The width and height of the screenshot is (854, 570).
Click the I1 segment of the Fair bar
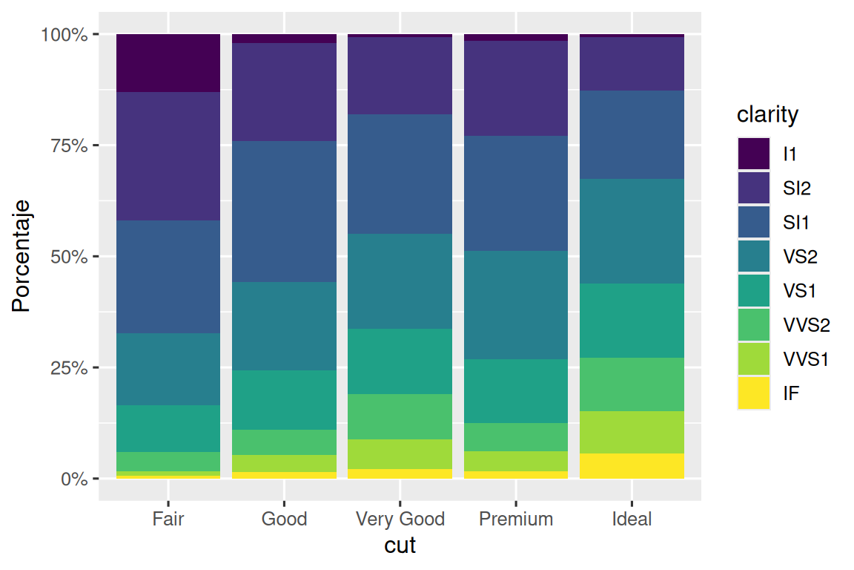coord(168,63)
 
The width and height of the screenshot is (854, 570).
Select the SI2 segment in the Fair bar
coord(168,156)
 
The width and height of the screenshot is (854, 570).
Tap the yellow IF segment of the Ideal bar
coord(632,466)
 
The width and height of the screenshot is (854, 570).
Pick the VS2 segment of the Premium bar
coord(516,305)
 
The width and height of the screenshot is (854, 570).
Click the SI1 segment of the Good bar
coord(284,212)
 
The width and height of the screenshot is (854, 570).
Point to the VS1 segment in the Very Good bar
coord(400,361)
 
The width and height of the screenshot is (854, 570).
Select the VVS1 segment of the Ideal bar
coord(632,432)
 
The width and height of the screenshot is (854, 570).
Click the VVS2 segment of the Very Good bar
coord(400,416)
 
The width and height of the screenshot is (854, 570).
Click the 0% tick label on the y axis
coord(74,479)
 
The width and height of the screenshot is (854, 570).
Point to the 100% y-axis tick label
coord(65,35)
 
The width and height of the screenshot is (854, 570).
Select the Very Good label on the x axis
coord(400,519)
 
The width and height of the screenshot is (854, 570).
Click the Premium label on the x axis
coord(516,519)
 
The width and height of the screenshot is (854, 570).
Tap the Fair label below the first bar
coord(168,519)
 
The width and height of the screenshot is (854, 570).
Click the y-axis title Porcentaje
coord(22,256)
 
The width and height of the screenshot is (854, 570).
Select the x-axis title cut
coord(400,546)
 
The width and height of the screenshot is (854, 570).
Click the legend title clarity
coord(767,115)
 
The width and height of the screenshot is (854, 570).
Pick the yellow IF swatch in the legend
coord(753,393)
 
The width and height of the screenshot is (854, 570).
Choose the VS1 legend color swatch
coord(753,291)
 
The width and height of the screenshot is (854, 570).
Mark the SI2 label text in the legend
coord(797,189)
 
